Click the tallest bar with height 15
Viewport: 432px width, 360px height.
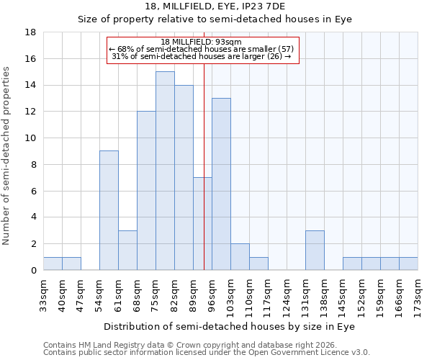pyautogui.click(x=165, y=171)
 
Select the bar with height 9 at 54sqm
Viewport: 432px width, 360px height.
pyautogui.click(x=109, y=210)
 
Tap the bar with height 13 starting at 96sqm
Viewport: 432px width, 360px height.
pyautogui.click(x=221, y=184)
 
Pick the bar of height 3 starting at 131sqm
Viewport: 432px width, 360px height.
pyautogui.click(x=315, y=250)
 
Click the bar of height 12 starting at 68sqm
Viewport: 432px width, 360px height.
pyautogui.click(x=146, y=190)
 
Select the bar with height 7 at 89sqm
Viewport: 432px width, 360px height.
pyautogui.click(x=202, y=223)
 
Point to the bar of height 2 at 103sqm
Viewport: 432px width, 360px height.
pyautogui.click(x=240, y=256)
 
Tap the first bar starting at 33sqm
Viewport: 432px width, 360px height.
pyautogui.click(x=53, y=263)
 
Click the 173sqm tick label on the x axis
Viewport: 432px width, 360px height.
pyautogui.click(x=419, y=294)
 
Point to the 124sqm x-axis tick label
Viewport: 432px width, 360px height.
pyautogui.click(x=288, y=294)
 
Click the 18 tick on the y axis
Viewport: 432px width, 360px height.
pyautogui.click(x=31, y=32)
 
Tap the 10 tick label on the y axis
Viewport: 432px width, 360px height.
pyautogui.click(x=31, y=138)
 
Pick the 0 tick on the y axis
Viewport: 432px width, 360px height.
pyautogui.click(x=34, y=270)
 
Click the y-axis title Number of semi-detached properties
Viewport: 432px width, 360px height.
pyautogui.click(x=7, y=156)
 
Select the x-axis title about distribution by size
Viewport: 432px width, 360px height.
pyautogui.click(x=215, y=326)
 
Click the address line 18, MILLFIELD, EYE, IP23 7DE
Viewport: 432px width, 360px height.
pyautogui.click(x=215, y=6)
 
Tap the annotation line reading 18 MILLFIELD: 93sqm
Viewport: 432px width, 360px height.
pyautogui.click(x=201, y=42)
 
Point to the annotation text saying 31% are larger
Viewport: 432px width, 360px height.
pyautogui.click(x=202, y=56)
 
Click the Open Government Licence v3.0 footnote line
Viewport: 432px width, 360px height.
pyautogui.click(x=207, y=352)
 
